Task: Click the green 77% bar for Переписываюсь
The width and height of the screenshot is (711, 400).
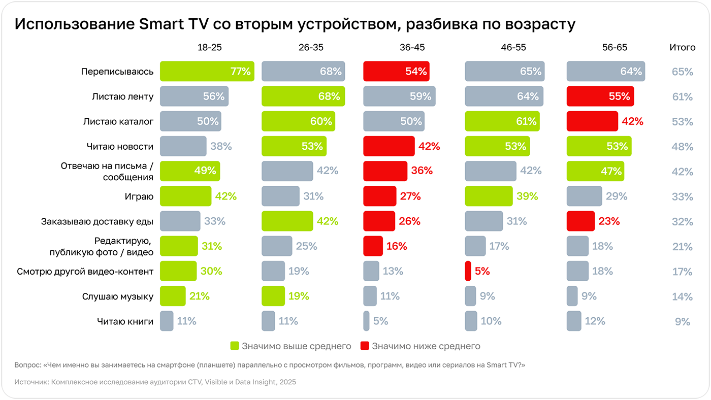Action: pos(207,72)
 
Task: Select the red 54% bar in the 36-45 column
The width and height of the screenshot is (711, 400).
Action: pos(396,72)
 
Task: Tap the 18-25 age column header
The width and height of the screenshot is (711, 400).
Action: pos(210,48)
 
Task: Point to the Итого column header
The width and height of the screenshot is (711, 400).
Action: pos(682,48)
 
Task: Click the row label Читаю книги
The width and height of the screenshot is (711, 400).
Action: pos(125,321)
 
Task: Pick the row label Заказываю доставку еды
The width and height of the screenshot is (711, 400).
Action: pos(97,221)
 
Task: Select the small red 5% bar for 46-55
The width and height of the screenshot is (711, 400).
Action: pos(468,271)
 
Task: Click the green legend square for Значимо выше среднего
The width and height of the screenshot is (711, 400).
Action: pos(234,346)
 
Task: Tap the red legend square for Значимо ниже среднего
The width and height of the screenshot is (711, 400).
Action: pos(364,346)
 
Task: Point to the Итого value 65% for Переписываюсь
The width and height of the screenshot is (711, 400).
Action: pos(682,72)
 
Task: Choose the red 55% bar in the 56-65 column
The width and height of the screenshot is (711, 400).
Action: pos(600,96)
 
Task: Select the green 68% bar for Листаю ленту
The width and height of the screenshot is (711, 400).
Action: pos(303,96)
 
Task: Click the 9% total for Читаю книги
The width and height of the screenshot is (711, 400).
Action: pos(682,322)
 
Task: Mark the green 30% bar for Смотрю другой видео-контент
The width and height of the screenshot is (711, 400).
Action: pos(178,271)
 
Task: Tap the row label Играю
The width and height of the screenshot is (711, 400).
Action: pos(139,196)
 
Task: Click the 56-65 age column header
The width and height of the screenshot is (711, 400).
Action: pos(615,48)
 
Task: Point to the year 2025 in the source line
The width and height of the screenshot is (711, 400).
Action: pos(286,382)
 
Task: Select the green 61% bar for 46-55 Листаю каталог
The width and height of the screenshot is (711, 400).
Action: pos(502,121)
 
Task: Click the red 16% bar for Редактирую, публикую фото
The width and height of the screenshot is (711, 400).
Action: pos(373,246)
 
